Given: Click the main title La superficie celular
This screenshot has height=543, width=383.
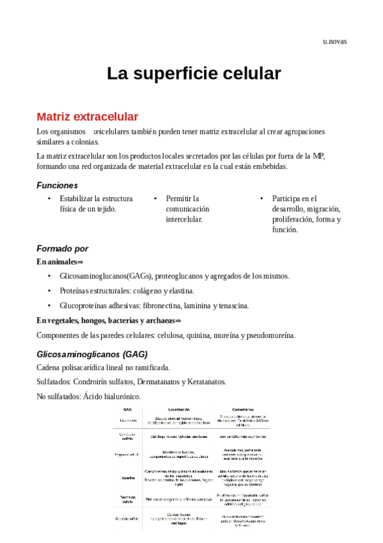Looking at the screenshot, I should [194, 74].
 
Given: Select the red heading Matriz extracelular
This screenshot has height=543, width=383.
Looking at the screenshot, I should [87, 117].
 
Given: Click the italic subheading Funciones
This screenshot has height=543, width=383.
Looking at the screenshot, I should [58, 185].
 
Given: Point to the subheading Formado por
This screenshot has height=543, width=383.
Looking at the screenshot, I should [63, 248].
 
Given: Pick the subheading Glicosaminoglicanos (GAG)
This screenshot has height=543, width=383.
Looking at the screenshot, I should [91, 353].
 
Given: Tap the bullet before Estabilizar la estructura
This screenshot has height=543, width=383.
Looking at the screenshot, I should [49, 199].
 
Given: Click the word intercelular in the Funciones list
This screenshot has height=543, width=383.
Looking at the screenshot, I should [184, 219].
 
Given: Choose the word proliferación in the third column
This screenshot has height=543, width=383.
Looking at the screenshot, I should [293, 219].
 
